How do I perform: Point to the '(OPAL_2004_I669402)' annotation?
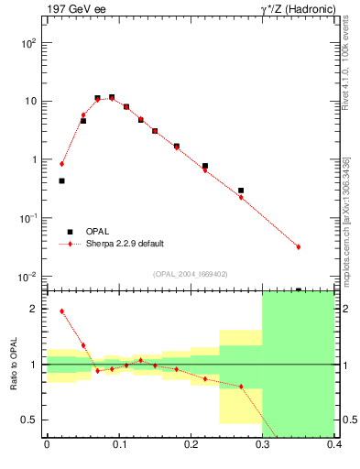(x=191, y=273)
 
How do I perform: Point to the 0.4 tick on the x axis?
(x=334, y=445)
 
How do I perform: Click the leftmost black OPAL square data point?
(x=61, y=180)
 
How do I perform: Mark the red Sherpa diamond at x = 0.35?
(x=299, y=246)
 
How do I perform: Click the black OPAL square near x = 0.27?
(x=241, y=191)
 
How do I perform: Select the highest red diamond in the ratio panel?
(x=61, y=311)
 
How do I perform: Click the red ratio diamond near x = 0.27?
(x=241, y=387)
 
